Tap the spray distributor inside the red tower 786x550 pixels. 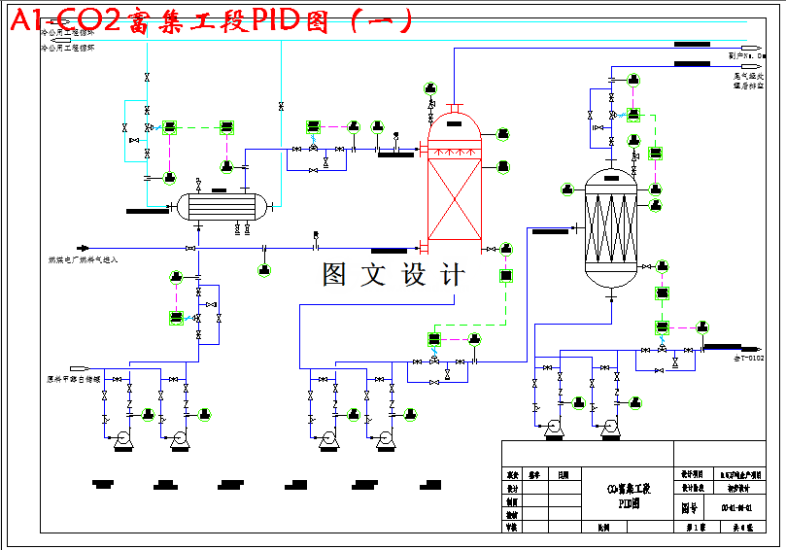pos(455,153)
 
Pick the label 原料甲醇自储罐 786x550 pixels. pos(73,380)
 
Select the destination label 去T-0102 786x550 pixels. pos(748,358)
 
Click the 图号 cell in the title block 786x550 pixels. pos(689,507)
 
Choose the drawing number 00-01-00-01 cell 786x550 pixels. pos(735,507)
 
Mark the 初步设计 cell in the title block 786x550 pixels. pos(735,489)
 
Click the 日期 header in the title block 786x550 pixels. pos(563,475)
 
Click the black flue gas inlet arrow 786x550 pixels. pos(83,248)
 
